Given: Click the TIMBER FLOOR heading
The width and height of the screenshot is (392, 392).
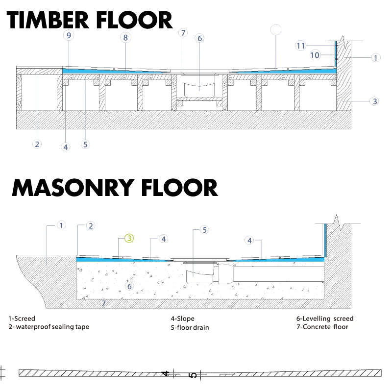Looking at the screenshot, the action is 90,20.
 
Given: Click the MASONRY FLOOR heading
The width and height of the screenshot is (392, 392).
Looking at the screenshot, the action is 115,188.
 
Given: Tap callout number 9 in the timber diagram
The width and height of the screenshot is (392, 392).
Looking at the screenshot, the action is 69,35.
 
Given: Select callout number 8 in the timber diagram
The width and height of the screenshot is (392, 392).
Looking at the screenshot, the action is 125,38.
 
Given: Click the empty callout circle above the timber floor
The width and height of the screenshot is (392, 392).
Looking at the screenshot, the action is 276,29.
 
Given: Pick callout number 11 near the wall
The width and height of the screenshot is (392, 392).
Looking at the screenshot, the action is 300,46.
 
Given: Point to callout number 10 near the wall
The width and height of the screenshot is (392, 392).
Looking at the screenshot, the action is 315,55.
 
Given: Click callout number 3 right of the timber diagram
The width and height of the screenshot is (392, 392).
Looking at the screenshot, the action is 374,101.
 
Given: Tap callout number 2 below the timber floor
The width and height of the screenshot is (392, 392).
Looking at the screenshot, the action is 37,144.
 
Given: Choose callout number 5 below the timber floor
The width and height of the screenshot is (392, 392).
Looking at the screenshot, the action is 85,145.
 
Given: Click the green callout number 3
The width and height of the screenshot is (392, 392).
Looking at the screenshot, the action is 129,238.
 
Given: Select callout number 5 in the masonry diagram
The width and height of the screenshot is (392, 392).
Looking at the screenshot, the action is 204,230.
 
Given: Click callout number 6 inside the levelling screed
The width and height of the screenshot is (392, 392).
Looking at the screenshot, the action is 129,286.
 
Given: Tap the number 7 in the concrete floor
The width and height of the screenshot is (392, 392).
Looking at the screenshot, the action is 103,303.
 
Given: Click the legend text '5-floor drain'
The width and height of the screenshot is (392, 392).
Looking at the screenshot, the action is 190,327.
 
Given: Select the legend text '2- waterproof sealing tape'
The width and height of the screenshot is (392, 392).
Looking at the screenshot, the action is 49,327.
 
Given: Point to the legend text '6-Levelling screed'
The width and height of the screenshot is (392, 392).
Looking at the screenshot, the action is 325,318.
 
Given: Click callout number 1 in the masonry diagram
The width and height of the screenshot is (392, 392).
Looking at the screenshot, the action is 61,225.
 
